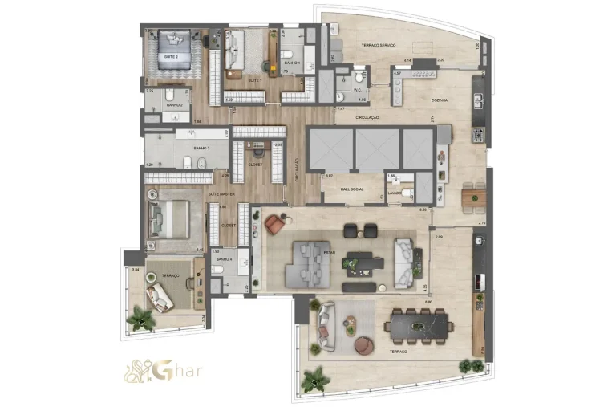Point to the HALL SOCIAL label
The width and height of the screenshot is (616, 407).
coord(353,189)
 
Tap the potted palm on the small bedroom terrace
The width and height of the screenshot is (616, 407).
coord(144,319)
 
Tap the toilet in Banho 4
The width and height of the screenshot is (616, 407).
coord(219,271)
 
